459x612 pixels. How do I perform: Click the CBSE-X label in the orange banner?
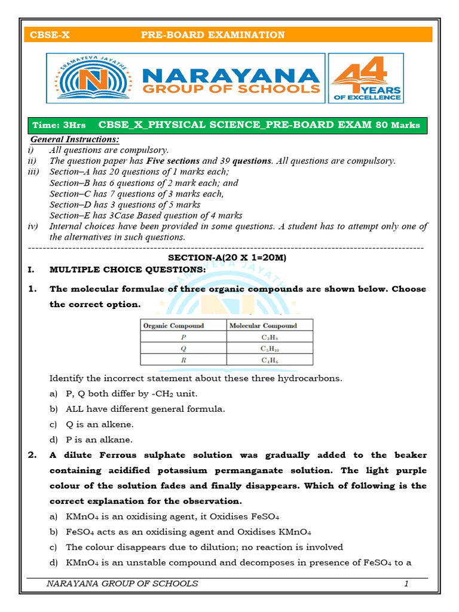[50, 35]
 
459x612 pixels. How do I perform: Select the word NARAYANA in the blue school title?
[230, 75]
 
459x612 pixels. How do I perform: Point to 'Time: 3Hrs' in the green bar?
[59, 126]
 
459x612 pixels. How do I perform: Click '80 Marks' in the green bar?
[397, 126]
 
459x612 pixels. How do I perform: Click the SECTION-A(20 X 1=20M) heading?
[227, 258]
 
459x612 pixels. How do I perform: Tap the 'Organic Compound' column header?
[173, 326]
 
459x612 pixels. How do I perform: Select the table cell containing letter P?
[183, 337]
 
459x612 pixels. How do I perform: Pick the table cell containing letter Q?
[183, 348]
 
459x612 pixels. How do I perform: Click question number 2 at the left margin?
[33, 455]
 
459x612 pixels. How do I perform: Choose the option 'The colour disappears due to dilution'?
[204, 547]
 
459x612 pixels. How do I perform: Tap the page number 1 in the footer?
[406, 584]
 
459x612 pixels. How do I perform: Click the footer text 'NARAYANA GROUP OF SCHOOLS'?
[122, 584]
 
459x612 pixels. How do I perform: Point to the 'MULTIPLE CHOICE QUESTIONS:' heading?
[127, 270]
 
